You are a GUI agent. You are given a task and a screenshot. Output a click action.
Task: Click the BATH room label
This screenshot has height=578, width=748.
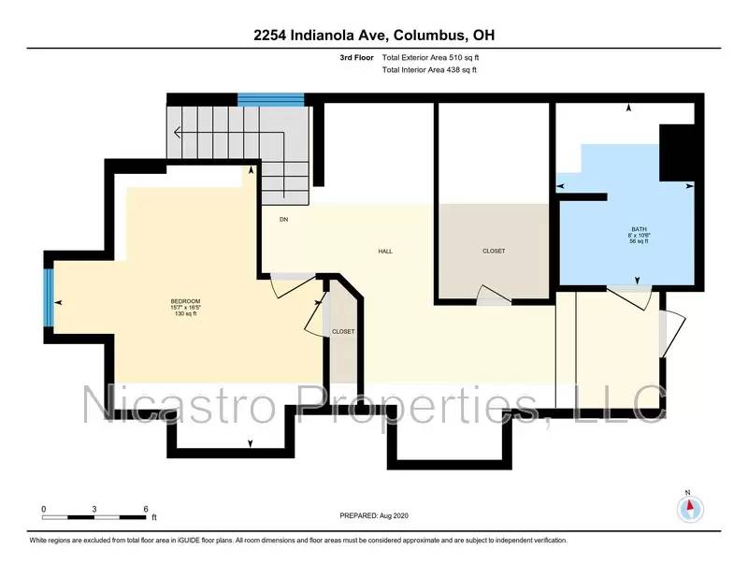click(639, 228)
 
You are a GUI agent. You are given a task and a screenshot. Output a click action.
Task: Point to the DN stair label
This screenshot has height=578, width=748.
click(283, 220)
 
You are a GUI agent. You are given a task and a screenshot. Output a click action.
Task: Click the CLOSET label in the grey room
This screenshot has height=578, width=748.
click(494, 251)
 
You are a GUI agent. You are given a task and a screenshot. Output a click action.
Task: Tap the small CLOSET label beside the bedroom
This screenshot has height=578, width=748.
click(343, 332)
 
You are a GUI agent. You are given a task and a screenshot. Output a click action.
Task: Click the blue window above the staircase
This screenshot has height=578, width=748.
click(271, 99)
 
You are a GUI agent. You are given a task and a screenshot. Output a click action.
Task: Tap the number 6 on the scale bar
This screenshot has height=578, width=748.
click(146, 509)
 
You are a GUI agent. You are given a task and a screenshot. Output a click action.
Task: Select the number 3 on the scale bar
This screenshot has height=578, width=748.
click(94, 509)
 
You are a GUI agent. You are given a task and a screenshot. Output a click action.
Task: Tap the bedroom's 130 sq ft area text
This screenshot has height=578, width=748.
click(175, 314)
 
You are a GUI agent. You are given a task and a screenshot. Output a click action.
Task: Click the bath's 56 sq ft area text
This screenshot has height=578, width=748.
click(639, 241)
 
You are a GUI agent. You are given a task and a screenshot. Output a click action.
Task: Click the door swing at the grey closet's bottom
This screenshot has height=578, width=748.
click(493, 297)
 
